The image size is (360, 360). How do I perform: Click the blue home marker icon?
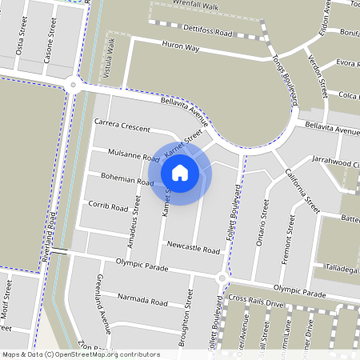pyautogui.click(x=180, y=172)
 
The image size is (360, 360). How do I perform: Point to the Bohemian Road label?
pyautogui.click(x=126, y=179)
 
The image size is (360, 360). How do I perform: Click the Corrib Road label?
pyautogui.click(x=108, y=206)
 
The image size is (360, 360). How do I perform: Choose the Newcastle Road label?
pyautogui.click(x=193, y=250)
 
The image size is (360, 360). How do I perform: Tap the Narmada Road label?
pyautogui.click(x=142, y=302)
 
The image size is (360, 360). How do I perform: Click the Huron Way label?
pyautogui.click(x=179, y=47)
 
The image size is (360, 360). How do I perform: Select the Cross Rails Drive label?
pyautogui.click(x=256, y=301)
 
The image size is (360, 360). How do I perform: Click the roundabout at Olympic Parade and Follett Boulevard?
pyautogui.click(x=222, y=278)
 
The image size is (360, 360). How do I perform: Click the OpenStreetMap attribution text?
pyautogui.click(x=80, y=354)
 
